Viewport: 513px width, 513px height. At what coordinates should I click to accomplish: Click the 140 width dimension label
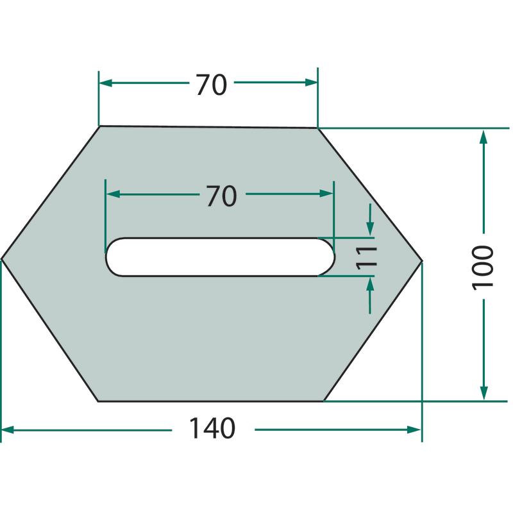click(x=212, y=428)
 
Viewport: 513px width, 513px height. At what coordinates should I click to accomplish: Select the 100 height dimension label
click(x=483, y=267)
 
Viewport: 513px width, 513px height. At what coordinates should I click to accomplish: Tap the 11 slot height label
click(x=367, y=258)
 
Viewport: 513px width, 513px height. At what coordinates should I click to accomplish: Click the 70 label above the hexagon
click(x=212, y=85)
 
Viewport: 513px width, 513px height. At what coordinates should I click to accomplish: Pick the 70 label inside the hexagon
click(x=221, y=196)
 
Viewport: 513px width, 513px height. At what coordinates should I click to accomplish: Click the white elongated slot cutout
click(x=220, y=257)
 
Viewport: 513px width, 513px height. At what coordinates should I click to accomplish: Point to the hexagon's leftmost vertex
click(x=2, y=259)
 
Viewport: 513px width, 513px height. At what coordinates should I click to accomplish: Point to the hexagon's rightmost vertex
click(x=422, y=261)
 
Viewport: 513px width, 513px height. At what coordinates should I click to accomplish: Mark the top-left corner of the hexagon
click(x=99, y=126)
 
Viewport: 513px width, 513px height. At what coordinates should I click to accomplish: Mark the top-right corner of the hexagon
click(x=317, y=128)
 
